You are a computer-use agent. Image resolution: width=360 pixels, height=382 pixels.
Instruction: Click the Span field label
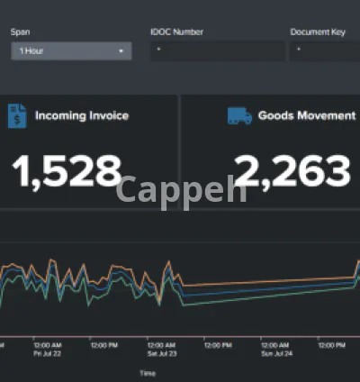(20, 32)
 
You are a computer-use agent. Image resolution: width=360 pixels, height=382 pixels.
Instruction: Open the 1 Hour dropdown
(71, 51)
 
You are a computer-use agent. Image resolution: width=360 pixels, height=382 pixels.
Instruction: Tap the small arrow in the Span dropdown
(121, 51)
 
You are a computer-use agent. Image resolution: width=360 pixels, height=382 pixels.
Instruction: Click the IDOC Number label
(176, 32)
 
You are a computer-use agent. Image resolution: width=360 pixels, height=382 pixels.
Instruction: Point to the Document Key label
(318, 32)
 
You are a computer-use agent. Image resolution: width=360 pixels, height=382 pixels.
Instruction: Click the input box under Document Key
(324, 51)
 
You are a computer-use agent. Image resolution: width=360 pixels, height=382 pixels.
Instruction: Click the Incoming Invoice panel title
(82, 115)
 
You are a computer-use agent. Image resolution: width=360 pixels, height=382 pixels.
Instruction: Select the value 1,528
(67, 170)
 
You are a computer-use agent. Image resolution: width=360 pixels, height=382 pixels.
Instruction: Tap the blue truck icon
(238, 115)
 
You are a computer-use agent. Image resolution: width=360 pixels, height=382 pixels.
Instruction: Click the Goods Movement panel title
(306, 115)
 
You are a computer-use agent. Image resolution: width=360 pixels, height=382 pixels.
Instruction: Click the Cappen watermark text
(181, 189)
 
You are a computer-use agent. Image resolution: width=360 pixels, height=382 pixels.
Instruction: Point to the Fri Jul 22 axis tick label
(48, 350)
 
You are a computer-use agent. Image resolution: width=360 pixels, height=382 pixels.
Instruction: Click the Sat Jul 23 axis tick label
(161, 350)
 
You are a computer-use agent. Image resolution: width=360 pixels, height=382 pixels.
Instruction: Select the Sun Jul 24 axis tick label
(274, 350)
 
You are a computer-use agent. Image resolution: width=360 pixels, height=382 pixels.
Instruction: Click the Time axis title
(148, 372)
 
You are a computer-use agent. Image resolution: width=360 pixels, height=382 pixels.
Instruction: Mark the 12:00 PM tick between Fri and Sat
(104, 344)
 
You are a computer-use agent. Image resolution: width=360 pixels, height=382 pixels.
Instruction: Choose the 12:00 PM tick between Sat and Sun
(218, 344)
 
